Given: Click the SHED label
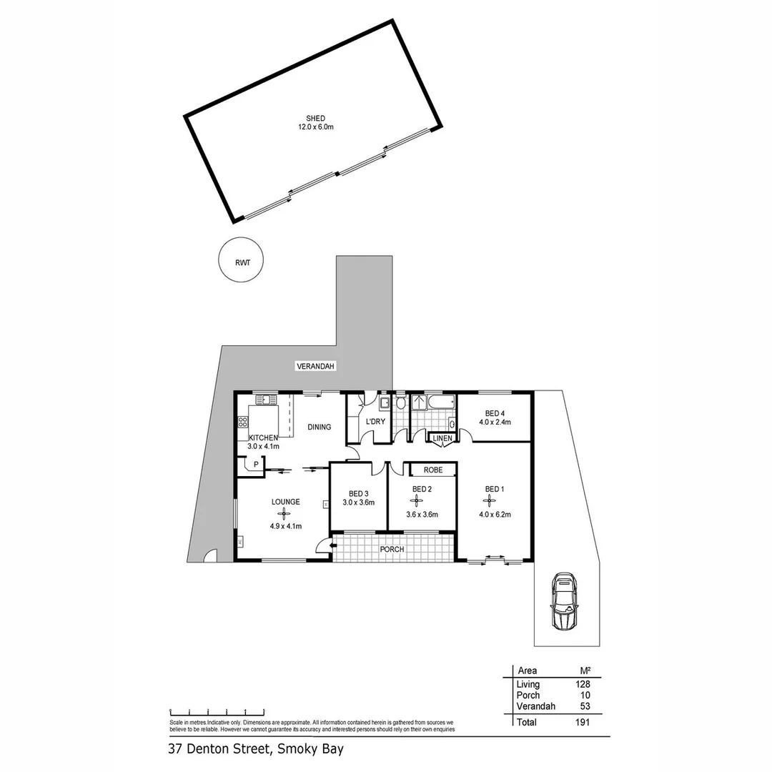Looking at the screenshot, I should [316, 119].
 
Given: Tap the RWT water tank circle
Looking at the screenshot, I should [240, 262].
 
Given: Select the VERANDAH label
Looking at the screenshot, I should [315, 366].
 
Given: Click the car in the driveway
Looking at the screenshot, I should [564, 600].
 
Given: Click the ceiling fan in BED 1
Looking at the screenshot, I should [493, 501].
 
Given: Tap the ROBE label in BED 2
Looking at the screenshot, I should [432, 470].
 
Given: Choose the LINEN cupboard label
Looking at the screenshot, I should [441, 438].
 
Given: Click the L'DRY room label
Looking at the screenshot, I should [375, 422].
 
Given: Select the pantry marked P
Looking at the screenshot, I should [255, 465].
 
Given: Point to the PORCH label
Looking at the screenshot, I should [392, 550].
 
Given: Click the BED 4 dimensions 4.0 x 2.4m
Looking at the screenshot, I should [495, 422].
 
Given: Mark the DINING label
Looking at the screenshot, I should [320, 427].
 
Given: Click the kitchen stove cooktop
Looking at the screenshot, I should [243, 421].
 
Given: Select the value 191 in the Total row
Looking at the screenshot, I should [583, 723].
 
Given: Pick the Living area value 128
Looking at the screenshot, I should [583, 684].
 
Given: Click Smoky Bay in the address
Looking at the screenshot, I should [315, 750].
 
